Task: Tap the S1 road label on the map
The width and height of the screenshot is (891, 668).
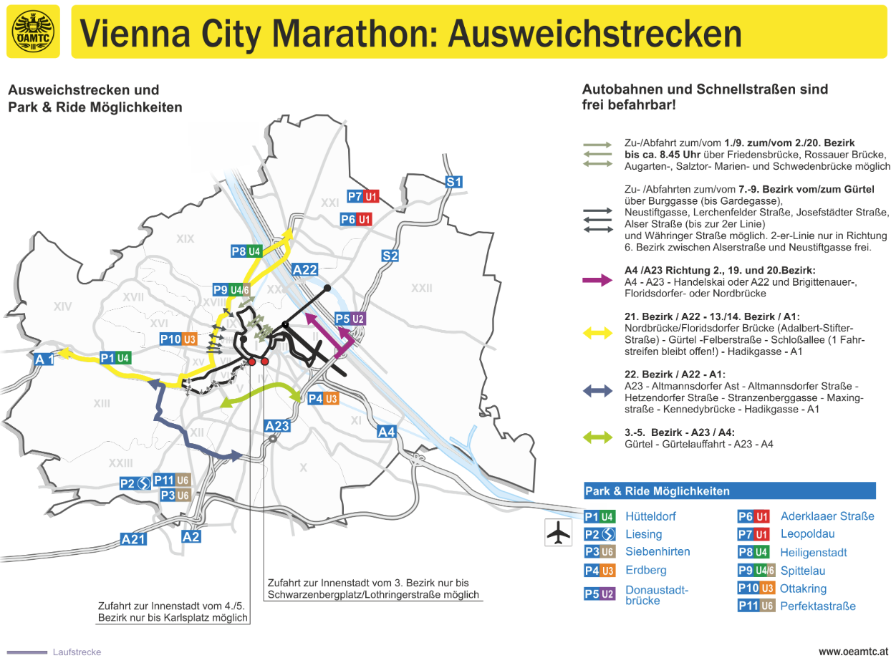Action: tap(453, 182)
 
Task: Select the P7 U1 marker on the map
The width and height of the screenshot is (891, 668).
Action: tap(362, 196)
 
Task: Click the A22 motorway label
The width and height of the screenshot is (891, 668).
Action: tap(304, 269)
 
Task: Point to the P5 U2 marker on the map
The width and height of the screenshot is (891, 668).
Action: tap(350, 319)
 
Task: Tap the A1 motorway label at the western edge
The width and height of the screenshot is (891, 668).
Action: tap(44, 359)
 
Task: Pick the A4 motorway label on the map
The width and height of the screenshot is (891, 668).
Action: tap(387, 432)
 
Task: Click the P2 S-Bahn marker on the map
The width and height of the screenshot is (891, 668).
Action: tap(135, 483)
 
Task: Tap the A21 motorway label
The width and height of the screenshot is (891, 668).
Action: tap(133, 539)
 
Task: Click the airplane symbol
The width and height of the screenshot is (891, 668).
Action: tap(559, 533)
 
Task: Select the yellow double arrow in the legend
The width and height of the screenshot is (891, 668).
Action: tap(597, 331)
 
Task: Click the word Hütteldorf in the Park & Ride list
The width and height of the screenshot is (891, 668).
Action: tap(650, 516)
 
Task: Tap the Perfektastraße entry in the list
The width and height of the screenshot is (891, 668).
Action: tap(818, 606)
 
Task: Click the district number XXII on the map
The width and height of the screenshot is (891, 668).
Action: tap(421, 289)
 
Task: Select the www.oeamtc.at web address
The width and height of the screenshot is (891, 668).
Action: tap(853, 652)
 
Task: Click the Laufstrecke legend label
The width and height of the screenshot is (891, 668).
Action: tap(77, 652)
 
